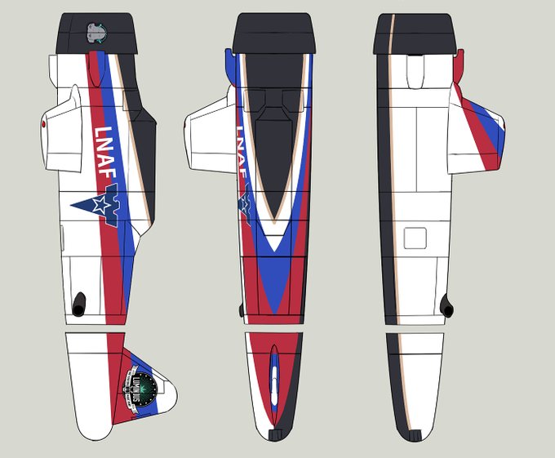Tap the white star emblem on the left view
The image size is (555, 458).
coord(100,206)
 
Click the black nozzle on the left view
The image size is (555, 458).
coord(79,304)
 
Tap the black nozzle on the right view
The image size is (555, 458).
coord(446,305)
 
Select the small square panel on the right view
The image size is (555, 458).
coord(416,238)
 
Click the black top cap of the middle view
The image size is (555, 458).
coord(273,33)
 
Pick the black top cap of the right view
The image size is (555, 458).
coord(416,33)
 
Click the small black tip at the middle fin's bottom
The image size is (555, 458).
coord(275,433)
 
